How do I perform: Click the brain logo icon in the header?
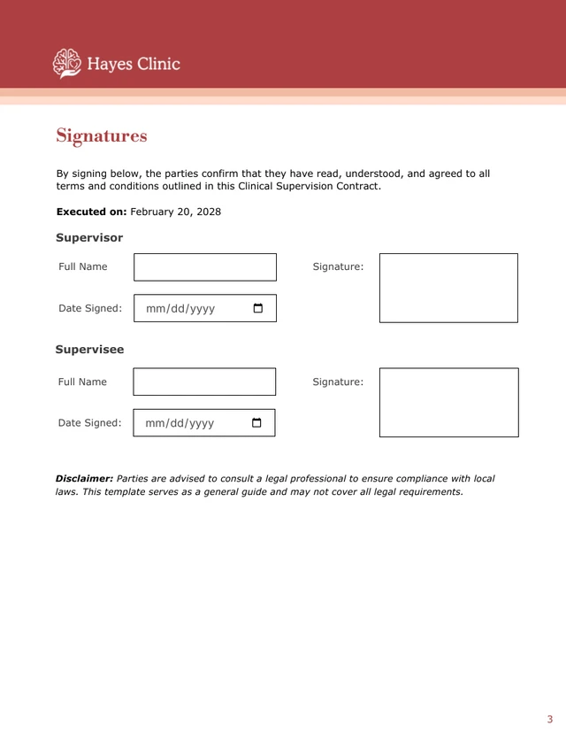[66, 63]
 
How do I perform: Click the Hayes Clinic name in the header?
[134, 64]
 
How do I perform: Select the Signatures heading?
[102, 135]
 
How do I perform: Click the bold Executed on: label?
[92, 212]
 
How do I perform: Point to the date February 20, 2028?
[176, 212]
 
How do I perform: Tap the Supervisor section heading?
[89, 237]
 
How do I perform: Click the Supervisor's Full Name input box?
[205, 267]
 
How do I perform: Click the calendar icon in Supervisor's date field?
[258, 308]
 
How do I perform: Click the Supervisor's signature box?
[448, 288]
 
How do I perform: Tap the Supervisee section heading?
[89, 350]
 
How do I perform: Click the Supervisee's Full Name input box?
[204, 382]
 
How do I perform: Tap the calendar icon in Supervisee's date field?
[257, 422]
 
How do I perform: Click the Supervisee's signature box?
[448, 403]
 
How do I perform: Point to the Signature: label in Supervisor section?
[338, 266]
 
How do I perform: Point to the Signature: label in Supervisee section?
[338, 382]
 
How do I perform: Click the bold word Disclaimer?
[84, 478]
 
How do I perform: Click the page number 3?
[549, 719]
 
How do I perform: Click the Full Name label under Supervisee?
[82, 382]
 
